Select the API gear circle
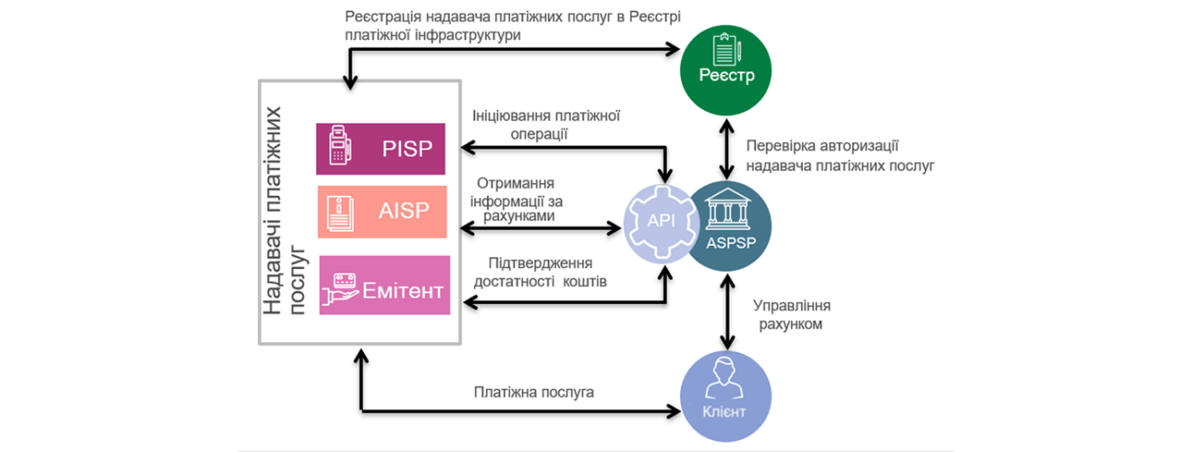point(662,223)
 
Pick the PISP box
point(382,149)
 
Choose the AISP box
point(382,211)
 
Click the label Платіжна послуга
point(534,392)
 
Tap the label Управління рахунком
point(792,314)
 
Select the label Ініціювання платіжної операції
point(546,124)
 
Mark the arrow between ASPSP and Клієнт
point(726,310)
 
